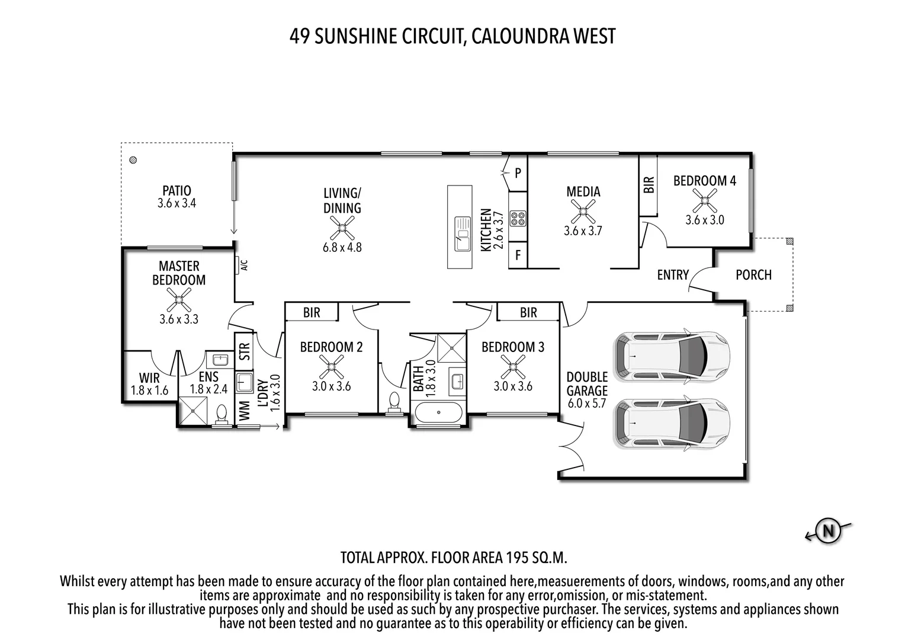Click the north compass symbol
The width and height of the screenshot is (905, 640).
point(828,530)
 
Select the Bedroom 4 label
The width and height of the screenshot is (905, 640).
point(704,181)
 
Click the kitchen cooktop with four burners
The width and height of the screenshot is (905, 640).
point(518,218)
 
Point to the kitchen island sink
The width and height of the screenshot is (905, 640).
point(462,233)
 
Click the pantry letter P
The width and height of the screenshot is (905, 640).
point(518,173)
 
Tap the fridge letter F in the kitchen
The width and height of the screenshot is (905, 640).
point(518,256)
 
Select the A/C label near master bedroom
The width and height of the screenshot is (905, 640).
point(243,264)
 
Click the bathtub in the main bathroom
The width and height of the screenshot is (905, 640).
point(438,412)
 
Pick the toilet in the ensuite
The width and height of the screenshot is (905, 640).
point(222,414)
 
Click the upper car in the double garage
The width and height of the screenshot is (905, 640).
point(672,356)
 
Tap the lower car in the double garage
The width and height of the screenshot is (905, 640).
point(672,424)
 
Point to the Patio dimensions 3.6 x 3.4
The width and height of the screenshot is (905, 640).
point(176,203)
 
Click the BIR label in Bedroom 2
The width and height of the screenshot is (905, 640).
point(312,312)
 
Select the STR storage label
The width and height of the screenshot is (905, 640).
point(244,352)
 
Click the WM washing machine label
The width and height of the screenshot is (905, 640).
point(244,410)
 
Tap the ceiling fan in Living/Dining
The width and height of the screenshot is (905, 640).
point(342,228)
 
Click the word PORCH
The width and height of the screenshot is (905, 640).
point(753,275)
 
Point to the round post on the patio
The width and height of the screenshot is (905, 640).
point(134,159)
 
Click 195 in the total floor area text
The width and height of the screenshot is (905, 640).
point(519,558)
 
